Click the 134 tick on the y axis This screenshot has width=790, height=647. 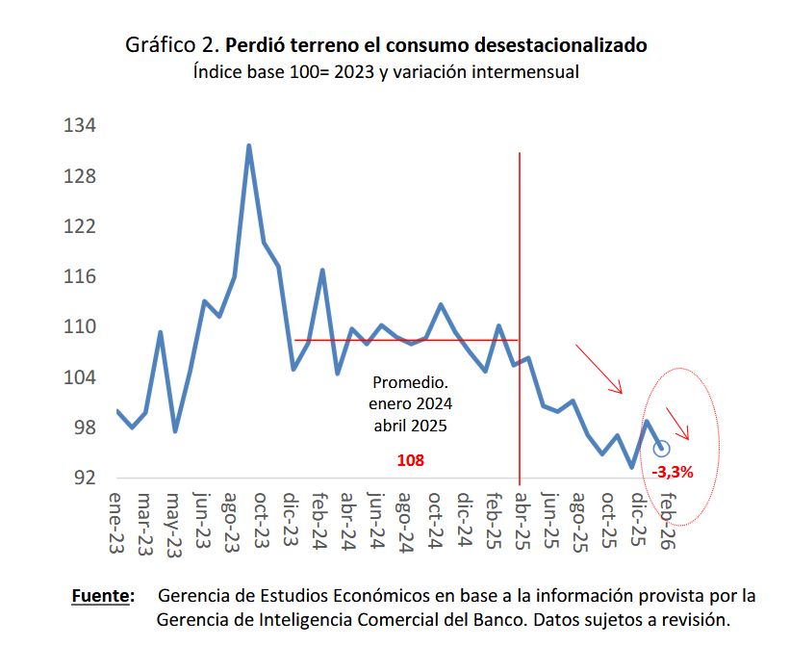click(x=81, y=126)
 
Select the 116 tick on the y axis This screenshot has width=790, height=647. click(x=81, y=277)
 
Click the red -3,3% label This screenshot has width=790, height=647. click(x=673, y=473)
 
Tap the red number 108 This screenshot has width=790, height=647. click(x=410, y=461)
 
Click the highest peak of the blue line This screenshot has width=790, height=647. click(x=248, y=146)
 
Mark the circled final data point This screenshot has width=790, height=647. click(x=661, y=449)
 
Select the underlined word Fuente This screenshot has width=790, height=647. click(x=103, y=596)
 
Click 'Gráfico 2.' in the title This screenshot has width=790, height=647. click(x=172, y=45)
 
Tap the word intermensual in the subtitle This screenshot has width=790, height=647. click(x=525, y=72)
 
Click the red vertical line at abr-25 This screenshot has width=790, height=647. click(x=520, y=241)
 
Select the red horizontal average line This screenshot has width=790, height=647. click(x=404, y=340)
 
